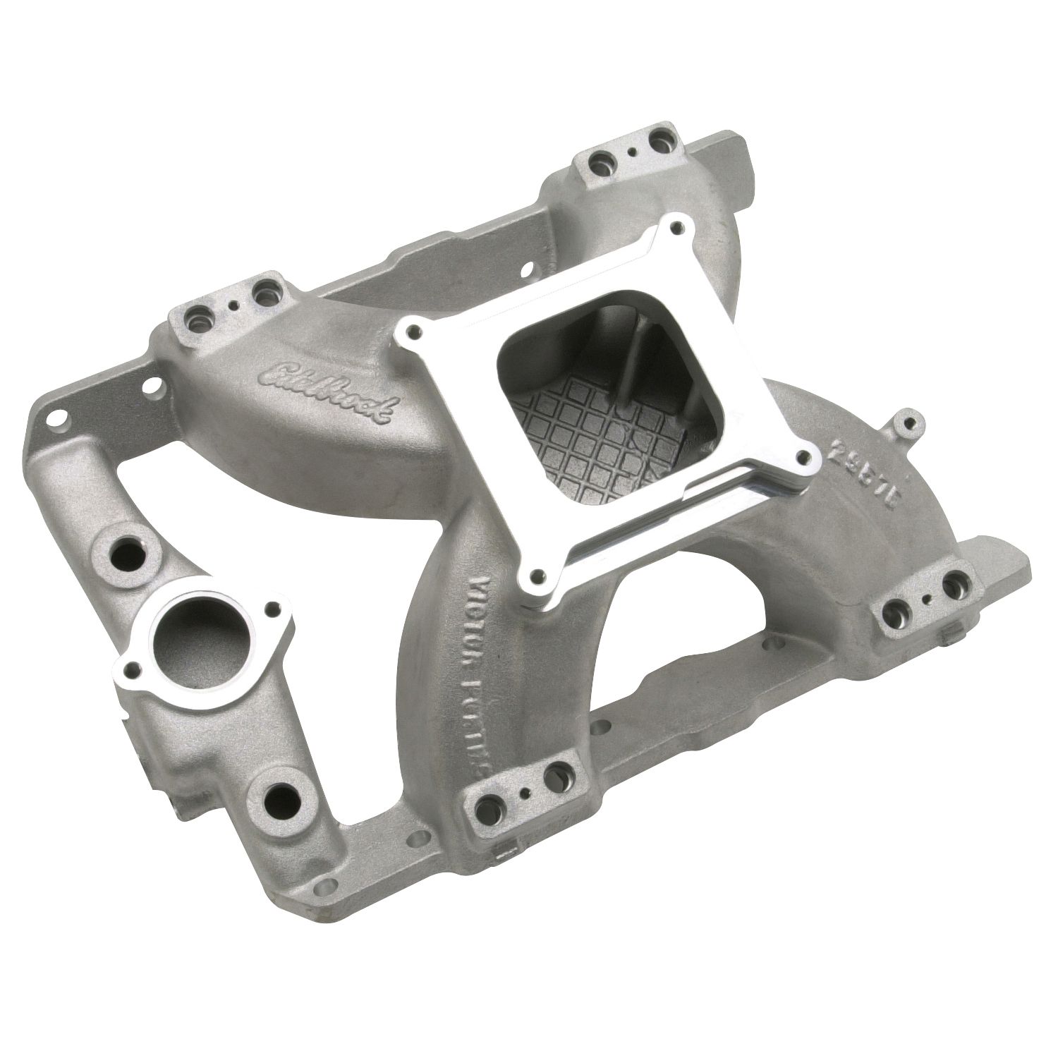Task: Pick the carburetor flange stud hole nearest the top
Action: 678,227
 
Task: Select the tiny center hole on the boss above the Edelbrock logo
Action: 235,306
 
